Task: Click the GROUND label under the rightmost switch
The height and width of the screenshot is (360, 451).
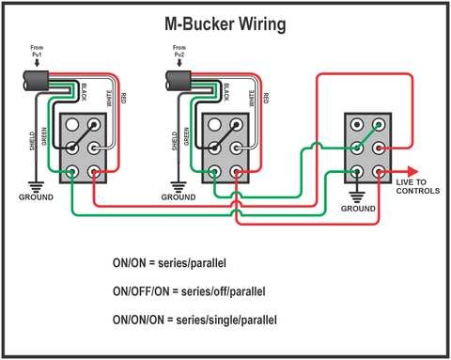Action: [x=358, y=209]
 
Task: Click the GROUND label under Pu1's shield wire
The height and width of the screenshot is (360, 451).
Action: [x=37, y=198]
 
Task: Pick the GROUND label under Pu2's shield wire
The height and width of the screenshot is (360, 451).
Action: [x=178, y=198]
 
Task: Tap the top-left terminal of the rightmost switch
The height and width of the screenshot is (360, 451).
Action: [x=357, y=125]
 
